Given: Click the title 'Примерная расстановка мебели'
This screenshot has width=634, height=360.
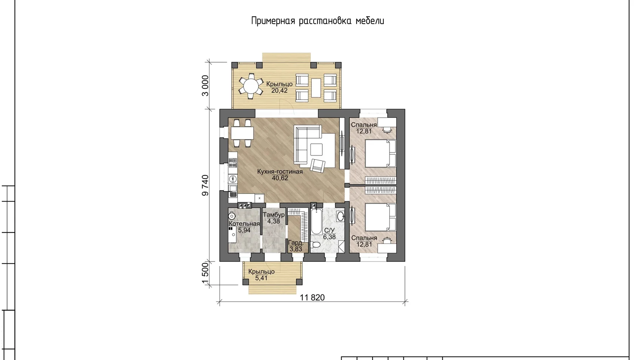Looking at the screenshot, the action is pos(318,21).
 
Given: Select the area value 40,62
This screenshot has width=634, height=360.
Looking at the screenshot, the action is pos(280,178).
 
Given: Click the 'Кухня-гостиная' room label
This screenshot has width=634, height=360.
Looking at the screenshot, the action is pos(280,171).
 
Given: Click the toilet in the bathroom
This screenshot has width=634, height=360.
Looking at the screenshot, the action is pos(316,245).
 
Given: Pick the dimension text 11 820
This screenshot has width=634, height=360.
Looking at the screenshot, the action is pos(312,297).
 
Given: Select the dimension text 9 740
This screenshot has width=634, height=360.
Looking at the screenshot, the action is pos(205,185).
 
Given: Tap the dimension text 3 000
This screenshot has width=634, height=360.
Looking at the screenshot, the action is pos(205,86).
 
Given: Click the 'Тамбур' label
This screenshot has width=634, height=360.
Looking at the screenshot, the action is pos(274,215).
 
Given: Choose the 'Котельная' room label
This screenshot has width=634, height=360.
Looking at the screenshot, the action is pos(244,224).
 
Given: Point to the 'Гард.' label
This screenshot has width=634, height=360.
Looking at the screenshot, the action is pos(296,243).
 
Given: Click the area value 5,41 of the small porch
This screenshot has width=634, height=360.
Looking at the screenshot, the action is pos(261,278).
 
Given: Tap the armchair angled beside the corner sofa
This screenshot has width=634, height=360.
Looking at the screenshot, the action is pos(318,165).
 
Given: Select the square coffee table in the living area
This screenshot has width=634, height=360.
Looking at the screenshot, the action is pos(316,149).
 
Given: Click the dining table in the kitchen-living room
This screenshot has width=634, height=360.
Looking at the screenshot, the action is pos(242,133).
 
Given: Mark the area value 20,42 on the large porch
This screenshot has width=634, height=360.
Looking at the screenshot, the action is pos(279,91).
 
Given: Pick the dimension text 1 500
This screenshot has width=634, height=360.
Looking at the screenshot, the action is pos(205,273).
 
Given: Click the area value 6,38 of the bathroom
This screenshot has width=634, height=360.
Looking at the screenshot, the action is pos(329,237).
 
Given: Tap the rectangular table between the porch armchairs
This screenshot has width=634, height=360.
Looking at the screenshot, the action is pos(316,88).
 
